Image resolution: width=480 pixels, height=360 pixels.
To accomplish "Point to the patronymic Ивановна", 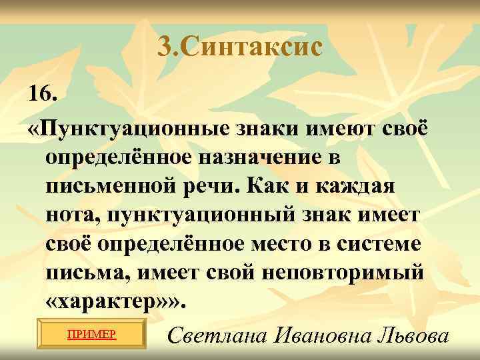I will (312, 336).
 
